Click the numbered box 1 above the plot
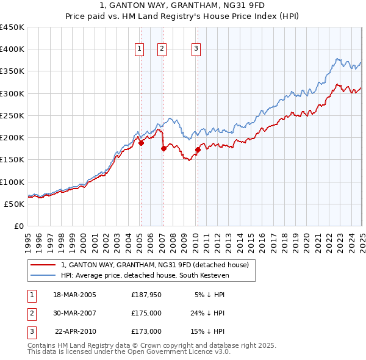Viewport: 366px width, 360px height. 140,49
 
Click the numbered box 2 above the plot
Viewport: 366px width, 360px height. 162,49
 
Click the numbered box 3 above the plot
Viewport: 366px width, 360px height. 196,49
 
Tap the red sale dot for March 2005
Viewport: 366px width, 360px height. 141,143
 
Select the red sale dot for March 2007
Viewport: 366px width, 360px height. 163,148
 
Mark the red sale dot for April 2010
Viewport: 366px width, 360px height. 198,149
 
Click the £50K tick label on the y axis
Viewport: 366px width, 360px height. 15,204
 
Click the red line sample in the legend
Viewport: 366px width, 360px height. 43,265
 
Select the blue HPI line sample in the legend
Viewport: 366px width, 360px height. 43,276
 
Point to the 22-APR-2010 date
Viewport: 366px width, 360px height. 76,331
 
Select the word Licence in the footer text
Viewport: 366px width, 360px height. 184,352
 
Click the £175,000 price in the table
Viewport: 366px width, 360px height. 146,313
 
